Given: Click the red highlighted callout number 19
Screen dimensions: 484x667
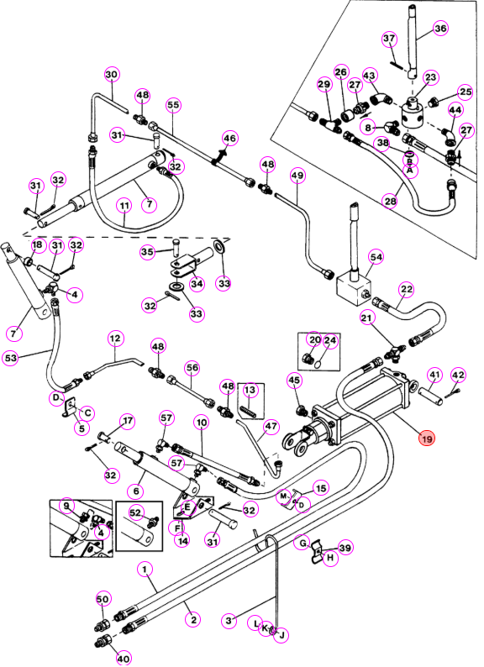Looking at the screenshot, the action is (x=427, y=439).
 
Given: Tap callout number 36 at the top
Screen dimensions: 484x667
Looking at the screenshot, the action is (x=440, y=29).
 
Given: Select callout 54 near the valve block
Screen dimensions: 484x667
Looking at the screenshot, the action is (x=376, y=257).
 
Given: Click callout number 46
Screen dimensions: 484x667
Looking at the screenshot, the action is (x=229, y=139).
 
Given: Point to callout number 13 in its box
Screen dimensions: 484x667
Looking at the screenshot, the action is (x=250, y=390).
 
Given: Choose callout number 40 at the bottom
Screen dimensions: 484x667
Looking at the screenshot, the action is (x=124, y=657).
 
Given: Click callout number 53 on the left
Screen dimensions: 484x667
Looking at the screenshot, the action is (x=11, y=358).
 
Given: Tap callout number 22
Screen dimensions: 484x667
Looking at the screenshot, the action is (x=407, y=290).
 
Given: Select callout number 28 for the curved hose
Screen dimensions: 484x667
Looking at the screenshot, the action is (x=391, y=201).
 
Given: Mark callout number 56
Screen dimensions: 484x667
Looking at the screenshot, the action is (x=192, y=368).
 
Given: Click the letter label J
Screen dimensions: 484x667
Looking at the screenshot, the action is (x=281, y=636).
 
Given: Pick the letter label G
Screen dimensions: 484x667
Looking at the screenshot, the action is (x=302, y=544).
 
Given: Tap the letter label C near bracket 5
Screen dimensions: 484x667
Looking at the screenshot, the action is (x=87, y=412).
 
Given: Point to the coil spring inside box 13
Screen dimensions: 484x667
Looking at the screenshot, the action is (x=249, y=411).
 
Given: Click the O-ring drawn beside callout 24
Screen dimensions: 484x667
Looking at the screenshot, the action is (x=318, y=363).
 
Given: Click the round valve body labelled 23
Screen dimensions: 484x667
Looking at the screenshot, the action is (x=412, y=113).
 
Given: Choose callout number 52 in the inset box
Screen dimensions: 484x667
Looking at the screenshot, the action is (x=135, y=513).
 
